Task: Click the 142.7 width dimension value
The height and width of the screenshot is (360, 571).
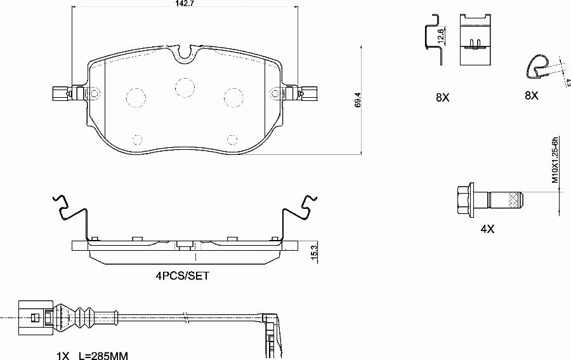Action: point(185,3)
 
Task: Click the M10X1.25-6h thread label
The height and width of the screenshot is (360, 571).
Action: point(554,160)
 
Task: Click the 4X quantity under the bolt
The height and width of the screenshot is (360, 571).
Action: point(487,229)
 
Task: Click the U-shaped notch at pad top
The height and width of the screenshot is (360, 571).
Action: point(185,56)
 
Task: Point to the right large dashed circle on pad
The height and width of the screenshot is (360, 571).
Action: point(234,97)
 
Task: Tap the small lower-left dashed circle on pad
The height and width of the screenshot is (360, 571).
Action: point(138,138)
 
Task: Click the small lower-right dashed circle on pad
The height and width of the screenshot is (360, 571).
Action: point(232,138)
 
